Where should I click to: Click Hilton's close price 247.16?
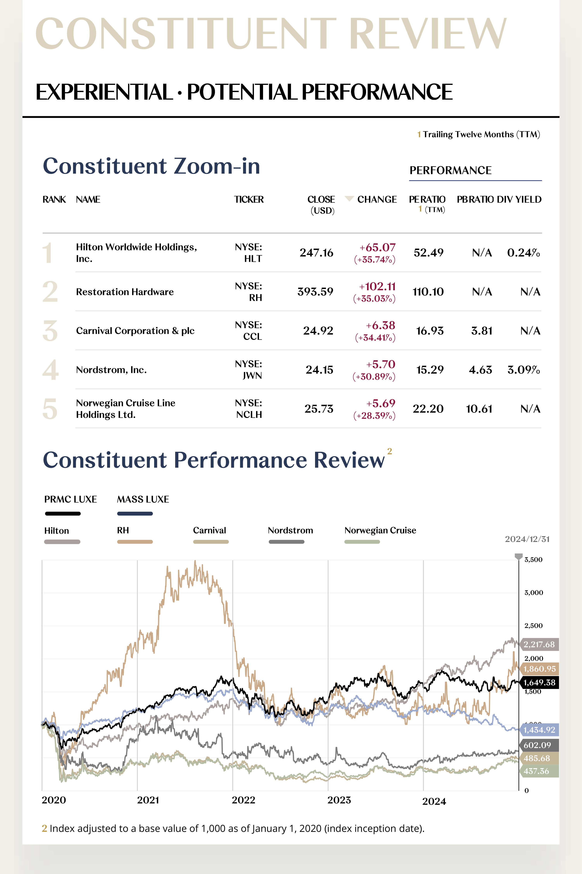coord(316,253)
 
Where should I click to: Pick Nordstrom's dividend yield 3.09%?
coord(523,370)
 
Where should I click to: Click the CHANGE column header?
coord(377,199)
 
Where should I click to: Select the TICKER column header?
coord(249,199)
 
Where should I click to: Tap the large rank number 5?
coord(50,409)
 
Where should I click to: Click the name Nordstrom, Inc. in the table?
coord(111,370)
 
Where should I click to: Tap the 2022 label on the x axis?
coord(243,800)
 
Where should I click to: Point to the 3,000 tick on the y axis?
coord(533,593)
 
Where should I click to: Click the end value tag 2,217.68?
coord(539,644)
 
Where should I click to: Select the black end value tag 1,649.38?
coord(539,683)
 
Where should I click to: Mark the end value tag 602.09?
coord(537,745)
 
